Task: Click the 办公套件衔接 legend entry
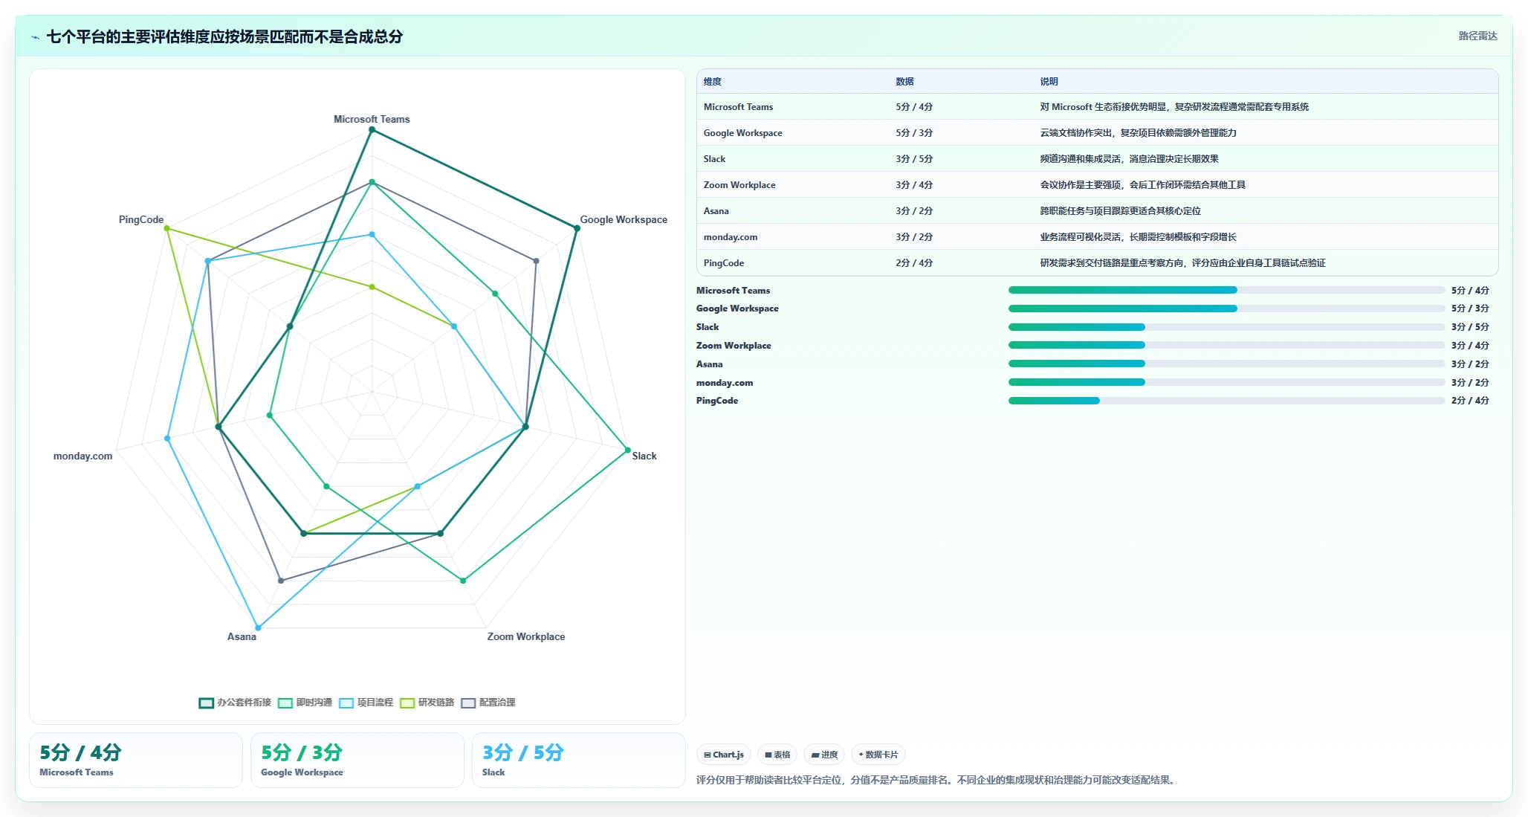[x=235, y=703]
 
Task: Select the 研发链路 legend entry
[x=427, y=703]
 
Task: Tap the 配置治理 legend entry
[x=488, y=703]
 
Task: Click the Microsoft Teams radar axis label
[x=372, y=119]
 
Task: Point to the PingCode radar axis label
[x=141, y=219]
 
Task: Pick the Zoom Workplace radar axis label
[x=526, y=636]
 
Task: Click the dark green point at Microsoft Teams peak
[x=372, y=130]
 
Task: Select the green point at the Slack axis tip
[x=627, y=450]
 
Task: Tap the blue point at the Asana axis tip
[x=258, y=627]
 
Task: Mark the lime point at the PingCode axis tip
[x=167, y=228]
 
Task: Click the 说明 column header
[x=1049, y=82]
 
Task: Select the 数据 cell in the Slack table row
[x=914, y=159]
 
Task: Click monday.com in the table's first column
[x=731, y=237]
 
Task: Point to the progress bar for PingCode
[x=1226, y=401]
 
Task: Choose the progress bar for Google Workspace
[x=1226, y=309]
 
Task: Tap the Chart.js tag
[x=724, y=755]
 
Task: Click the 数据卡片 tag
[x=878, y=755]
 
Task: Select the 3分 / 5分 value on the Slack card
[x=523, y=753]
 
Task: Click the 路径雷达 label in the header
[x=1477, y=36]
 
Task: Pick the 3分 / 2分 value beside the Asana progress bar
[x=1470, y=364]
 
